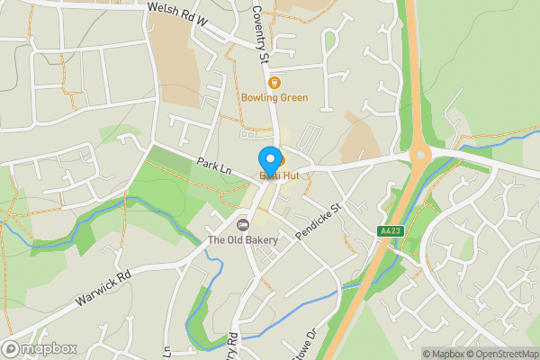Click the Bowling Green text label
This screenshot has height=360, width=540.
[x=274, y=97]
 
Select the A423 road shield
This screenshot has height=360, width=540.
[x=389, y=231]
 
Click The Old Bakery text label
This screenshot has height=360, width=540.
[x=242, y=240]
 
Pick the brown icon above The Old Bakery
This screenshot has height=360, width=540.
[x=241, y=224]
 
